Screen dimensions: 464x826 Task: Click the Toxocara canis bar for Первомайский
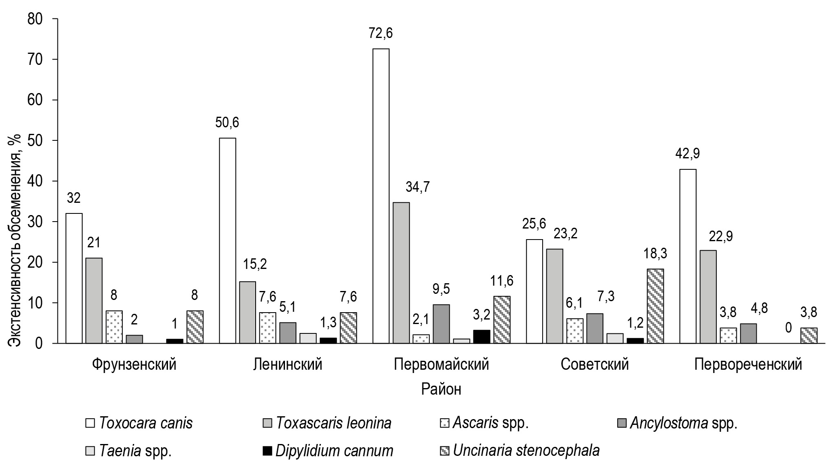(x=381, y=196)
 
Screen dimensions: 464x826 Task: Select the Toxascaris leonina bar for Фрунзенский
(x=94, y=301)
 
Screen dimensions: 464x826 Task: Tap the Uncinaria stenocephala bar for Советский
(x=655, y=306)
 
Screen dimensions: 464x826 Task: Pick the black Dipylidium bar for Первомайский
(x=481, y=337)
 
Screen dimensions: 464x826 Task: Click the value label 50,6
(x=227, y=123)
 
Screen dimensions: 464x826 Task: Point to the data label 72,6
(x=380, y=33)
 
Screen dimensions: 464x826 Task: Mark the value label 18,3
(x=655, y=253)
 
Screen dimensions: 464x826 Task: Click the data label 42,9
(x=688, y=154)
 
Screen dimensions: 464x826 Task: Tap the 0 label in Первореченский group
(x=788, y=327)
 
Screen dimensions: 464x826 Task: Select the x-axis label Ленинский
(x=287, y=364)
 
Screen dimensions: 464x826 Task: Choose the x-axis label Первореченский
(x=748, y=364)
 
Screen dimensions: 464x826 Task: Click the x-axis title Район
(x=441, y=389)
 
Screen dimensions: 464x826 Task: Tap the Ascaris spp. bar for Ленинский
(x=267, y=328)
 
